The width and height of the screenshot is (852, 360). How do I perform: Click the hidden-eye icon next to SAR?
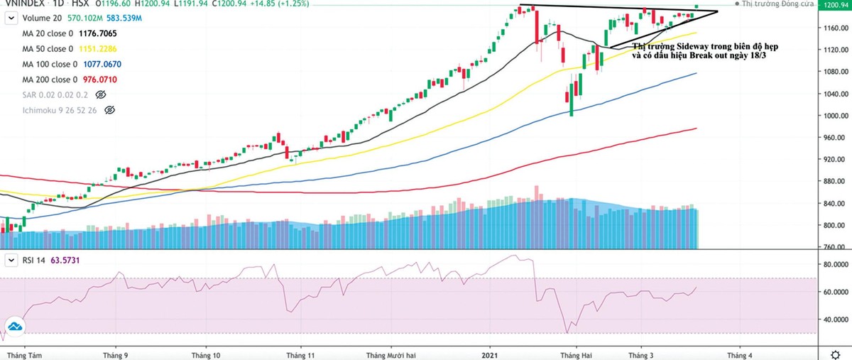pos(100,94)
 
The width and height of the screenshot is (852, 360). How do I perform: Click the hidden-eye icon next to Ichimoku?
pos(109,110)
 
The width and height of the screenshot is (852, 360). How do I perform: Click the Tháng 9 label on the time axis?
pos(116,353)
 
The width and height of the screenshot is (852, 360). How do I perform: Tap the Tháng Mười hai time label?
pos(390,353)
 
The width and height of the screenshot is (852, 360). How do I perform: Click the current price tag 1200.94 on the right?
pos(835,5)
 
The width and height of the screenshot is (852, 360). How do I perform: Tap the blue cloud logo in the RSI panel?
pos(15,325)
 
